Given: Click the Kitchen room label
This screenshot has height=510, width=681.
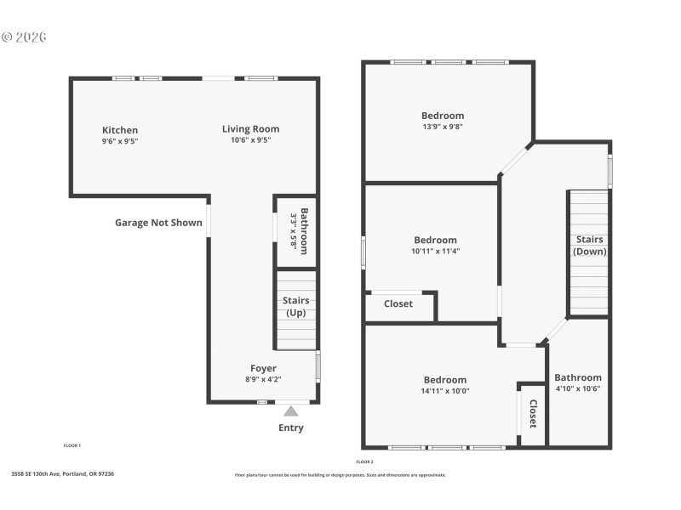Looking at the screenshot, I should (119, 130).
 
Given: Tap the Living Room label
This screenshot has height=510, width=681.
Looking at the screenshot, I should (250, 129).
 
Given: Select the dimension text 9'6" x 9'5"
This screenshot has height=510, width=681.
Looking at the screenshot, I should (119, 142).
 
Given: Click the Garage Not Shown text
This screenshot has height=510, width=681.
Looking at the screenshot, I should (158, 223).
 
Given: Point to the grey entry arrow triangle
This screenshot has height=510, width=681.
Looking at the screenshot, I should (291, 411).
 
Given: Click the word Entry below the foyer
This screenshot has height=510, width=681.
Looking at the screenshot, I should (291, 428).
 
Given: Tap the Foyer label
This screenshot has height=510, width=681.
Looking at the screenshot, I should (263, 368).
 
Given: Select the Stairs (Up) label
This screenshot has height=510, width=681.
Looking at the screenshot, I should (295, 307).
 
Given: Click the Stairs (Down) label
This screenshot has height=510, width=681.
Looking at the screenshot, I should (590, 245).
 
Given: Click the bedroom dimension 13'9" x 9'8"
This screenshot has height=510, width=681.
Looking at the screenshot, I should (443, 127).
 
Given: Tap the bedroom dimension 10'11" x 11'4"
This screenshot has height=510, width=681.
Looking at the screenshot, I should (435, 251).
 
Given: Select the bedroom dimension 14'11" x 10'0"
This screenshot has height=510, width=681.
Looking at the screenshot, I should (445, 391).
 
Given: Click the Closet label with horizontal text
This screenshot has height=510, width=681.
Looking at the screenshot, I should (398, 303).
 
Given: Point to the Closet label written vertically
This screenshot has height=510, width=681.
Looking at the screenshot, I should (533, 414).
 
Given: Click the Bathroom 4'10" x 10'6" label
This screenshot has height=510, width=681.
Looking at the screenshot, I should (578, 383).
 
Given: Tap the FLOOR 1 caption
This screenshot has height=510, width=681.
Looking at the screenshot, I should (72, 445).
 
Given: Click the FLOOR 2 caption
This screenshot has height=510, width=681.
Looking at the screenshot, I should (364, 462).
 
